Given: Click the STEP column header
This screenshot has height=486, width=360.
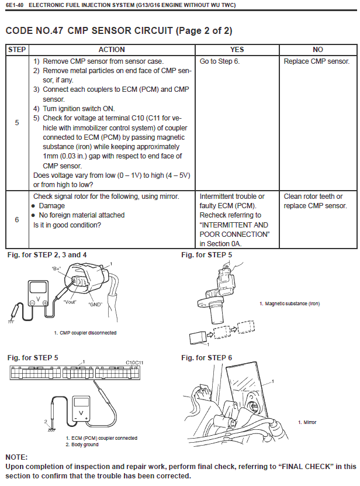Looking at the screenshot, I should pos(16,50).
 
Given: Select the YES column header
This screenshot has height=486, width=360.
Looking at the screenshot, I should pos(237,50).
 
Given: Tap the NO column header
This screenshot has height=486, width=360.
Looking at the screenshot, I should pos(318,50).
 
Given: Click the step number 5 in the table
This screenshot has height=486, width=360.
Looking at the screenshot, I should pos(16,123).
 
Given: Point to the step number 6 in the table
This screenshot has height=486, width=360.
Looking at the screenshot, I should pos(16,219).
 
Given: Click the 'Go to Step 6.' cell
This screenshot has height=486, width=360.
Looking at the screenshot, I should pos(220,61).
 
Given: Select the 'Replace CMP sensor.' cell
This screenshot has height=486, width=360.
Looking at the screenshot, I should pos(316,61).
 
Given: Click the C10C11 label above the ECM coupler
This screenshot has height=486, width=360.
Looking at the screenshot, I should pos(134,363).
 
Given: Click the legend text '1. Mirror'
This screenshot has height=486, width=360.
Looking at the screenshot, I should pos(307,422).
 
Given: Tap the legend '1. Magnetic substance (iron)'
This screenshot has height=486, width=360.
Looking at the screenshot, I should pos(289,304).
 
